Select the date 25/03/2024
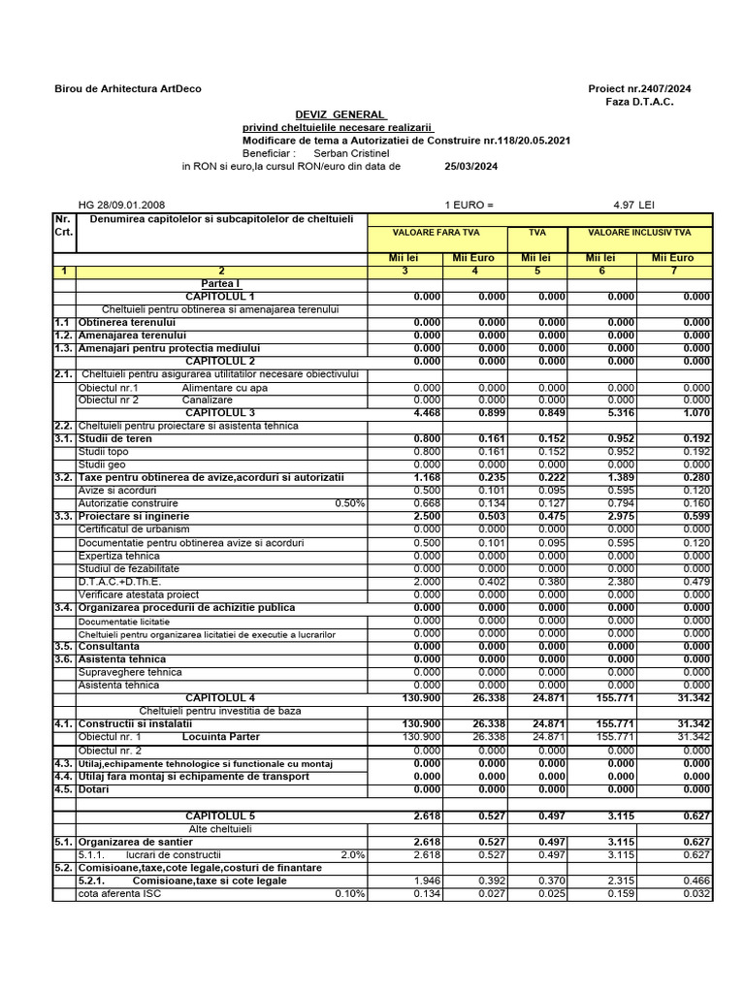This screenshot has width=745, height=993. [470, 166]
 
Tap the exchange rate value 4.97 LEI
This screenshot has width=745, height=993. [634, 206]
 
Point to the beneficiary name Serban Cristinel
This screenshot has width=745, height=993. [351, 153]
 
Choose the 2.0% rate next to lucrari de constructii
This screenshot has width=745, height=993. [352, 854]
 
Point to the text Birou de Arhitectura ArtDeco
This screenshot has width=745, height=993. [128, 89]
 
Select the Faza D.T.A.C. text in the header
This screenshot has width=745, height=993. [639, 102]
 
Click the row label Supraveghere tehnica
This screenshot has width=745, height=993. [130, 672]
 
